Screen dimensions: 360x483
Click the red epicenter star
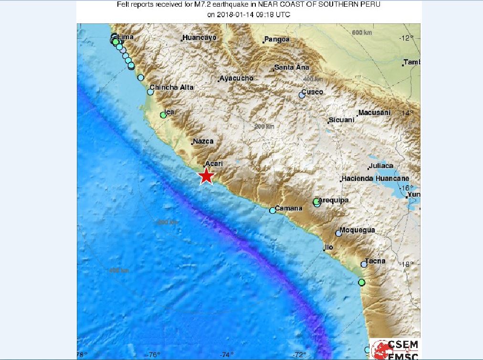(206, 176)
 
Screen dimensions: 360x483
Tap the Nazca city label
(203, 141)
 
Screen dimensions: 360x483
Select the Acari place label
(214, 163)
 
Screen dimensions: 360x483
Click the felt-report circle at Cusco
(302, 95)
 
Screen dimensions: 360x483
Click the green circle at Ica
(163, 115)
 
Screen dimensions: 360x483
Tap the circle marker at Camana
(273, 210)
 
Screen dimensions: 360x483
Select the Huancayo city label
(200, 37)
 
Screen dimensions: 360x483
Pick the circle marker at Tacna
(364, 264)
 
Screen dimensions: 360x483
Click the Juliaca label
(381, 166)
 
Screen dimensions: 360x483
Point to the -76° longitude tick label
(153, 354)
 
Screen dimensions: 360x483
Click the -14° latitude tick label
(409, 113)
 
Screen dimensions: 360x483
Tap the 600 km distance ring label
(361, 32)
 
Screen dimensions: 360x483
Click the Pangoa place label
(278, 39)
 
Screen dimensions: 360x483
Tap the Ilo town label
(328, 247)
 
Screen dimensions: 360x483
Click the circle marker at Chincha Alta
(150, 92)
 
